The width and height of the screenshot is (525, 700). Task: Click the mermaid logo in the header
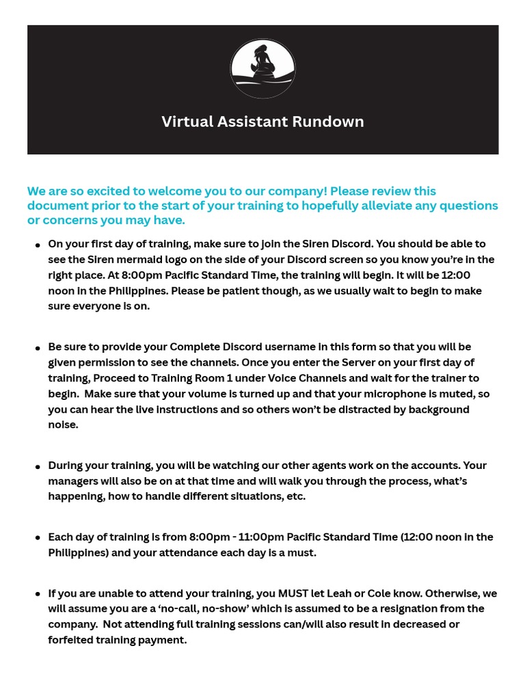(x=262, y=69)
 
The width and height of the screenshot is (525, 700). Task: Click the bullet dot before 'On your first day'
(x=37, y=245)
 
